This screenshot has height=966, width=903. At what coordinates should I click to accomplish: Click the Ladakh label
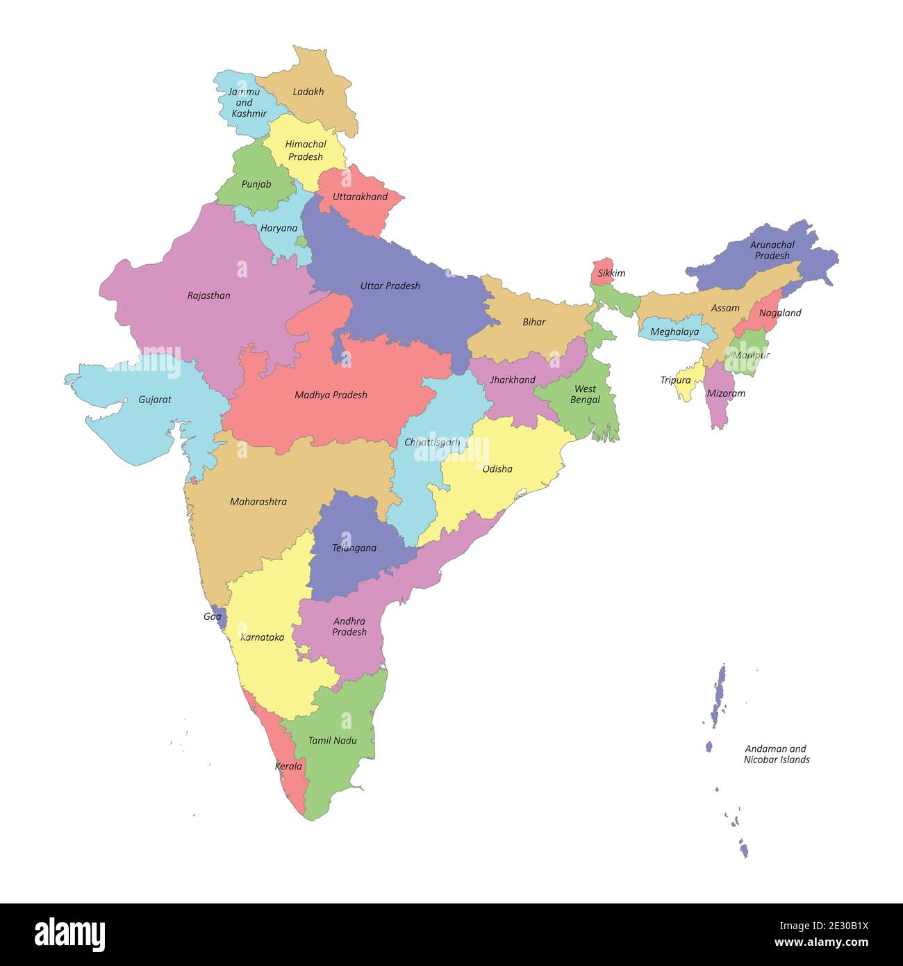[x=308, y=92]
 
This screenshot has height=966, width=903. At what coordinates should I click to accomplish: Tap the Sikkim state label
[x=611, y=273]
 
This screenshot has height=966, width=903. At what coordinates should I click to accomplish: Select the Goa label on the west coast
[x=212, y=616]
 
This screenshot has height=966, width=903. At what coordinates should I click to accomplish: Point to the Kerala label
[x=288, y=766]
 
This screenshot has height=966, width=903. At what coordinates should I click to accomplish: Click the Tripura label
[x=675, y=380]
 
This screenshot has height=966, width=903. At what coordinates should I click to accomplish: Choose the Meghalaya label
[x=674, y=332]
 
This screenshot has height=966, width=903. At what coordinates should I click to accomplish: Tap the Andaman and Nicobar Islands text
[x=776, y=754]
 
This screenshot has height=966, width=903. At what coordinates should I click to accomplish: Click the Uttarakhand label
[x=360, y=197]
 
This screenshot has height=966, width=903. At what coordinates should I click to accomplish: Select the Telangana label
[x=354, y=548]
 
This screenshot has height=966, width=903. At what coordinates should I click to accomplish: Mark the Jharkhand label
[x=513, y=379]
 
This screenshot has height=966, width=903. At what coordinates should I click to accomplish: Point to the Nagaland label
[x=779, y=313]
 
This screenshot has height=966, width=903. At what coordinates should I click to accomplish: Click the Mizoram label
[x=725, y=393]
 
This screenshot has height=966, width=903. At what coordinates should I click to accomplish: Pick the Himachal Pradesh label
[x=305, y=150]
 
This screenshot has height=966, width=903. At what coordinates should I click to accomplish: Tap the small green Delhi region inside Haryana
[x=301, y=242]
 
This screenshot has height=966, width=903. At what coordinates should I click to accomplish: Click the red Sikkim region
[x=602, y=267]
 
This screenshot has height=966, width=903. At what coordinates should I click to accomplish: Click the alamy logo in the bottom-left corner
[x=69, y=934]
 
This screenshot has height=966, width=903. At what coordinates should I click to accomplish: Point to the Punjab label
[x=256, y=184]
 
